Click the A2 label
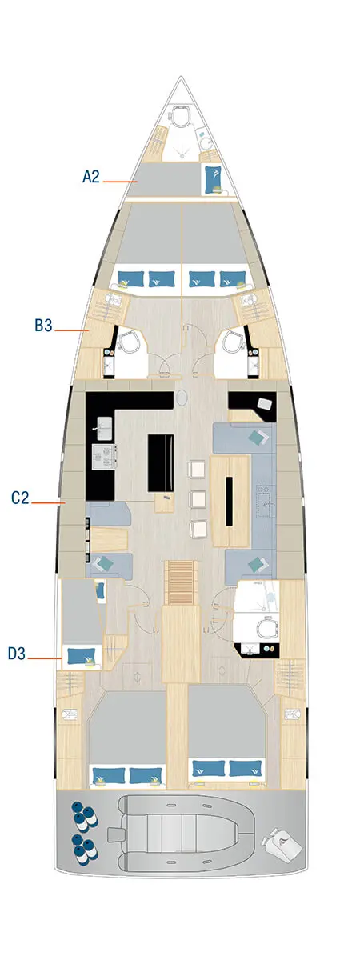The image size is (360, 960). [91, 177]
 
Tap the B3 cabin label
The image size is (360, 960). [43, 326]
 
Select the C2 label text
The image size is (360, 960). [21, 498]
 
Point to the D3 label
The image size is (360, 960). [18, 654]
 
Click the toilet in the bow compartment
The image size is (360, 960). [182, 117]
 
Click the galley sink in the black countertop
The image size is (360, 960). [105, 425]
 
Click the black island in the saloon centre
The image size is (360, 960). [162, 463]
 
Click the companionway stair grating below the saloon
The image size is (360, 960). [180, 583]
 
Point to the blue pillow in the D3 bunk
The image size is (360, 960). [80, 656]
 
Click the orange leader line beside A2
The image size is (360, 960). [121, 182]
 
